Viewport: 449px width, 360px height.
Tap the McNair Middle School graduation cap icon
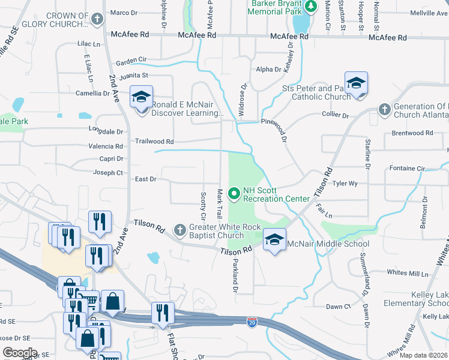click(274, 240)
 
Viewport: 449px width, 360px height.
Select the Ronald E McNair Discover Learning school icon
click(141, 97)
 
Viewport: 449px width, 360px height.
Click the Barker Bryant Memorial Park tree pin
click(311, 7)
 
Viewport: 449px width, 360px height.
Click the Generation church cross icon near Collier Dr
click(385, 109)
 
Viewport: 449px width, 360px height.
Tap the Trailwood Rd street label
click(154, 142)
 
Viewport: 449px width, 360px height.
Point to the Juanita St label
click(133, 76)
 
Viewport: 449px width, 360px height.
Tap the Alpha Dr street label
click(268, 70)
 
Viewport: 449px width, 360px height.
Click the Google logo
click(20, 352)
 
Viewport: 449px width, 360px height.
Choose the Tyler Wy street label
click(345, 184)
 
